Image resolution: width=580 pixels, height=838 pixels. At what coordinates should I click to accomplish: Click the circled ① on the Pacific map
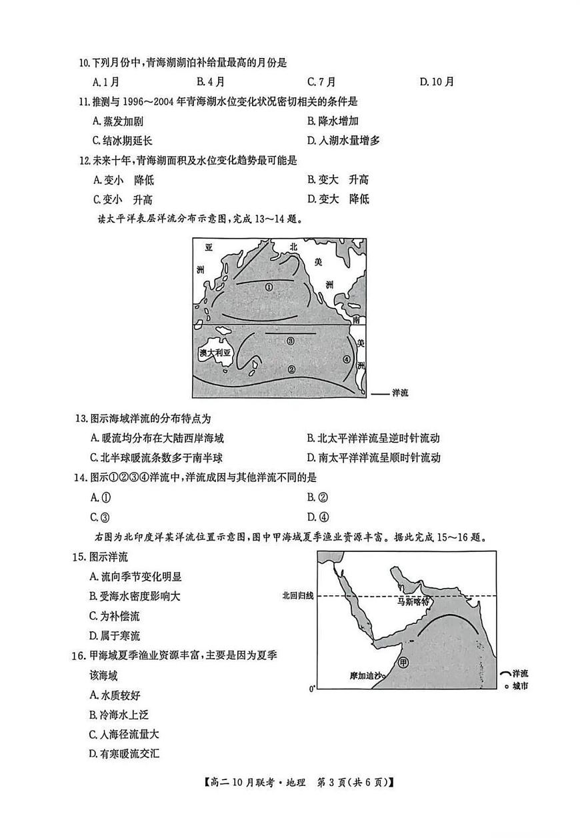click(269, 287)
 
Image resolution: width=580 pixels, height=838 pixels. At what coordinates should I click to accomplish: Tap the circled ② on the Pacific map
click(291, 369)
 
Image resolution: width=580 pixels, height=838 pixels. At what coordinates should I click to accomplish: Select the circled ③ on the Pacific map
click(290, 341)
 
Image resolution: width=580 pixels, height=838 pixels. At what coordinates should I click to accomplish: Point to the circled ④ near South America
click(346, 359)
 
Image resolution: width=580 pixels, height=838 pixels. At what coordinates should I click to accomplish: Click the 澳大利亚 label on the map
click(214, 353)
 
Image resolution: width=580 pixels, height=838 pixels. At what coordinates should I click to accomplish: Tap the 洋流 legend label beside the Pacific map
click(400, 393)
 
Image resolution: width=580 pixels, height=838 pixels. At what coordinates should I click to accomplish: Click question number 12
click(83, 160)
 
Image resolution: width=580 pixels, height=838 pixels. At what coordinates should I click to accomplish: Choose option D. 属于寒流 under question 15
click(114, 635)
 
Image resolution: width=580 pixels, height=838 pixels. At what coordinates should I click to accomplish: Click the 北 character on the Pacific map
click(293, 246)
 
